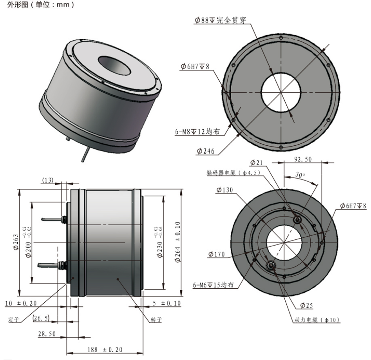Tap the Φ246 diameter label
205,151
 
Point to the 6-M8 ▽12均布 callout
200,132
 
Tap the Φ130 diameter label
224,190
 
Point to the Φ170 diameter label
217,255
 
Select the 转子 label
157,319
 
